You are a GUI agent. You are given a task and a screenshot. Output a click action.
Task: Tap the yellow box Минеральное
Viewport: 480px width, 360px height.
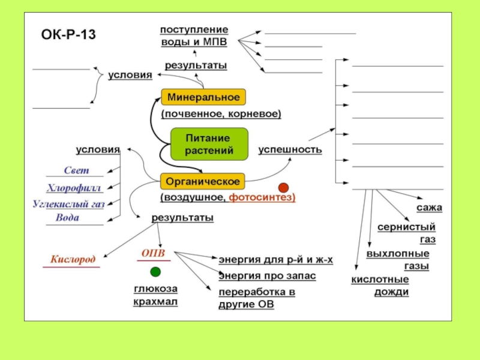pos(203,97)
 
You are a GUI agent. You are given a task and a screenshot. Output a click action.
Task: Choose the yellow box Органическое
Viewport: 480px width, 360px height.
pos(203,181)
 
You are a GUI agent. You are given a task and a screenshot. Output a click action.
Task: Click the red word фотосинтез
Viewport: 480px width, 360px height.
pos(262,197)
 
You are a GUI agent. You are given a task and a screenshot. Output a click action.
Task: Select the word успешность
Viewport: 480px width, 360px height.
pos(290,149)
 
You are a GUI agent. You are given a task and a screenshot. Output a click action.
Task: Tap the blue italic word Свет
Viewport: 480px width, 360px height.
pos(76,171)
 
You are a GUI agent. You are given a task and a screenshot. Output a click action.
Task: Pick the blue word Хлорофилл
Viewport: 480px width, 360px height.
pos(75,188)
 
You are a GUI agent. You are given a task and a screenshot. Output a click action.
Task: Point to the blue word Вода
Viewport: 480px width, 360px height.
pos(67,218)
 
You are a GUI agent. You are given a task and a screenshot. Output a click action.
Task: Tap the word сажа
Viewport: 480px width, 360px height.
pos(429,208)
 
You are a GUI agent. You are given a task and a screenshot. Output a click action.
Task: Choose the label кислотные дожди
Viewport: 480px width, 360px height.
pos(380,286)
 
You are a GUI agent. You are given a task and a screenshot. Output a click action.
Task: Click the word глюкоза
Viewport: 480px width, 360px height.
pos(155,289)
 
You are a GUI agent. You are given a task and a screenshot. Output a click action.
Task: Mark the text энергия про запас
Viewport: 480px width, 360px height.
pos(266,276)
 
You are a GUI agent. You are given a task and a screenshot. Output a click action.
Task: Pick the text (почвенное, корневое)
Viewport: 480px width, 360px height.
pos(220,113)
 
